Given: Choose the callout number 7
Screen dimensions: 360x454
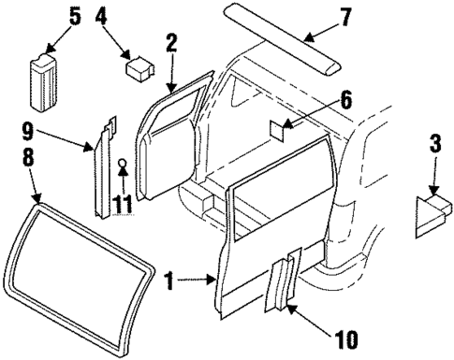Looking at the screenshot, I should [x=345, y=16].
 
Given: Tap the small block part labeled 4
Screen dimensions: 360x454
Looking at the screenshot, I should [x=140, y=68].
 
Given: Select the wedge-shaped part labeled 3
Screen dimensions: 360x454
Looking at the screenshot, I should [x=430, y=213].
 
